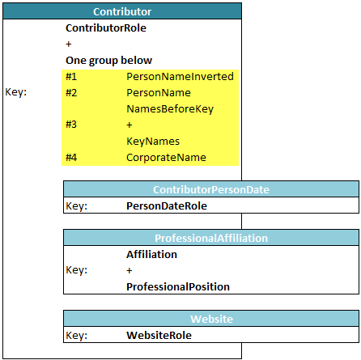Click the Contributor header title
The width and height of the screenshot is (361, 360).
click(x=122, y=11)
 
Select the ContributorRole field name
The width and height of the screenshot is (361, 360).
click(x=106, y=28)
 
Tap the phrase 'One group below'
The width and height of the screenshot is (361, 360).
click(x=109, y=61)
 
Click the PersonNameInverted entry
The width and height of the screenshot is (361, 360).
click(x=180, y=76)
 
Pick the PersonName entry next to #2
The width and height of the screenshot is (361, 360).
click(x=159, y=92)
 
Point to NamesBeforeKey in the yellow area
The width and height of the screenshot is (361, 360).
click(x=170, y=109)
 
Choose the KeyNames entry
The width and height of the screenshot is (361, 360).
click(x=153, y=142)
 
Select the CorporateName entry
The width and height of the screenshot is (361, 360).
click(x=166, y=158)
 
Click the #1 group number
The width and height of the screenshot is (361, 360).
click(x=71, y=77)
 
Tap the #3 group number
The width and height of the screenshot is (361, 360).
click(x=71, y=125)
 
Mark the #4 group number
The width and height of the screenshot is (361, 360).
click(x=71, y=157)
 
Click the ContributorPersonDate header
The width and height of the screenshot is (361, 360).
click(x=211, y=189)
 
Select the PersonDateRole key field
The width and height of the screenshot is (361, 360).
click(x=167, y=205)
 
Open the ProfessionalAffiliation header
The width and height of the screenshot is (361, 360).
click(x=211, y=238)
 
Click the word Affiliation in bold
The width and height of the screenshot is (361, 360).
click(x=151, y=254)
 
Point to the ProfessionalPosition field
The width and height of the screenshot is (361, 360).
click(x=178, y=286)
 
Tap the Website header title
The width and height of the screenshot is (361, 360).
click(x=211, y=319)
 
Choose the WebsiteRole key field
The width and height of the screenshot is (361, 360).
click(x=159, y=335)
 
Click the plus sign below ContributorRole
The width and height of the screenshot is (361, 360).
click(x=69, y=44)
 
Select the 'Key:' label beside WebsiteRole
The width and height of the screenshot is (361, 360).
click(x=77, y=335)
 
